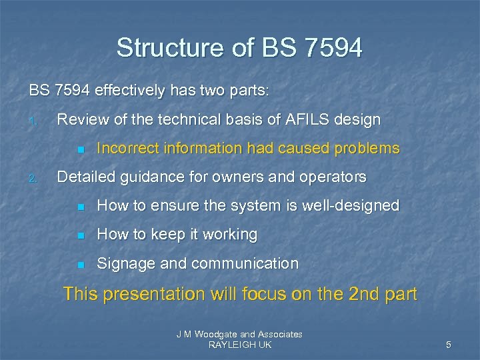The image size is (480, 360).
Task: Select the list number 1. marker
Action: tap(32, 121)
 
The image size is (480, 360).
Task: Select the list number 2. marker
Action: tap(32, 179)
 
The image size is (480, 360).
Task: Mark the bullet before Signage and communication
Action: tap(80, 265)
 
